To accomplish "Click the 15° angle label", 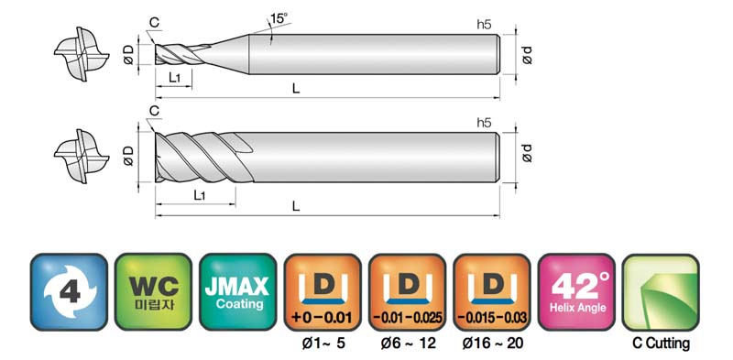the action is click(279, 18).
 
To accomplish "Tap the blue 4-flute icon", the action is click(70, 292).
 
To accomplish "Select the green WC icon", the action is click(153, 292).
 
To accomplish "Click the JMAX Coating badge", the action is click(238, 292).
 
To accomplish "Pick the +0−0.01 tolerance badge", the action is click(323, 292).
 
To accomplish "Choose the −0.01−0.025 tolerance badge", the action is click(407, 292).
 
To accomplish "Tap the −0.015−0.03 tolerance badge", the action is click(492, 292).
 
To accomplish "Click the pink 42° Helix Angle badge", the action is click(577, 292).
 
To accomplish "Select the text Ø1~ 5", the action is click(323, 344).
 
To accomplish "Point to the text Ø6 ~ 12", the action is click(408, 344).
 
